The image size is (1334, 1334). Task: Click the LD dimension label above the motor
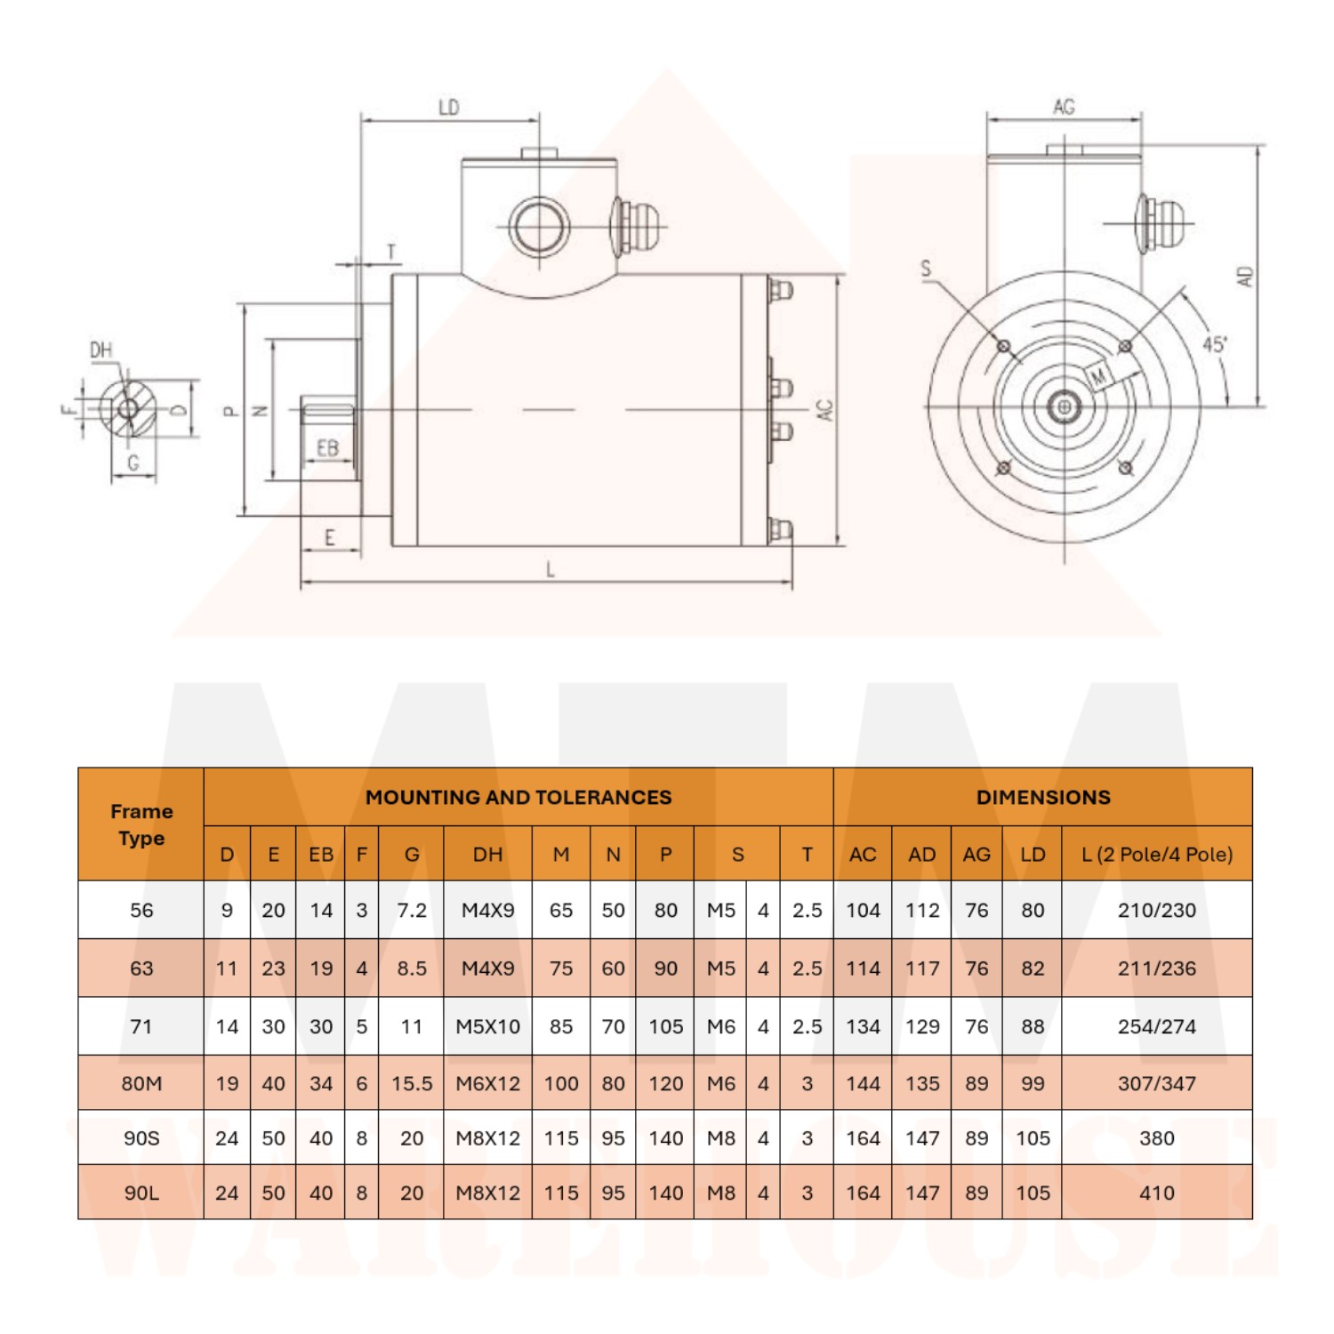(x=449, y=108)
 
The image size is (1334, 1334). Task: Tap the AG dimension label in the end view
(x=1064, y=108)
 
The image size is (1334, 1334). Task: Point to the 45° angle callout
(x=1215, y=344)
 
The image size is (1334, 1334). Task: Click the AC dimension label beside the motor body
(x=824, y=410)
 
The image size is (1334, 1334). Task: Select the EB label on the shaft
(x=327, y=448)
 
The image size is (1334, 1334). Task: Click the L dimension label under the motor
(x=550, y=569)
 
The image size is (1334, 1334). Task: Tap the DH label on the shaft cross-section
(x=101, y=350)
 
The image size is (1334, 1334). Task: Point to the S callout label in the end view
(x=926, y=268)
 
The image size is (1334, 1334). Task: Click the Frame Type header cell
(x=141, y=824)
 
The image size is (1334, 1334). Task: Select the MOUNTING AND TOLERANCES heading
(x=518, y=797)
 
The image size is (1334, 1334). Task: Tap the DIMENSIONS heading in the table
(x=1043, y=797)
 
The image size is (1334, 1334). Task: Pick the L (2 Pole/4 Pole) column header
(x=1157, y=855)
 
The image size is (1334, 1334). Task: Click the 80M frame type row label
(x=141, y=1083)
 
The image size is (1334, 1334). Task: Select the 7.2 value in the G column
(x=412, y=910)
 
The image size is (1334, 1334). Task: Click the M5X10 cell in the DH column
(x=487, y=1026)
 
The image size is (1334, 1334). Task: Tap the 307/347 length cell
(x=1157, y=1083)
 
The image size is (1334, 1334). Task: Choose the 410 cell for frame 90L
(x=1157, y=1193)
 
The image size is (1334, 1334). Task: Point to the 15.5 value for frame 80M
(x=412, y=1083)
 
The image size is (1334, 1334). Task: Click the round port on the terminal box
(x=539, y=227)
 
